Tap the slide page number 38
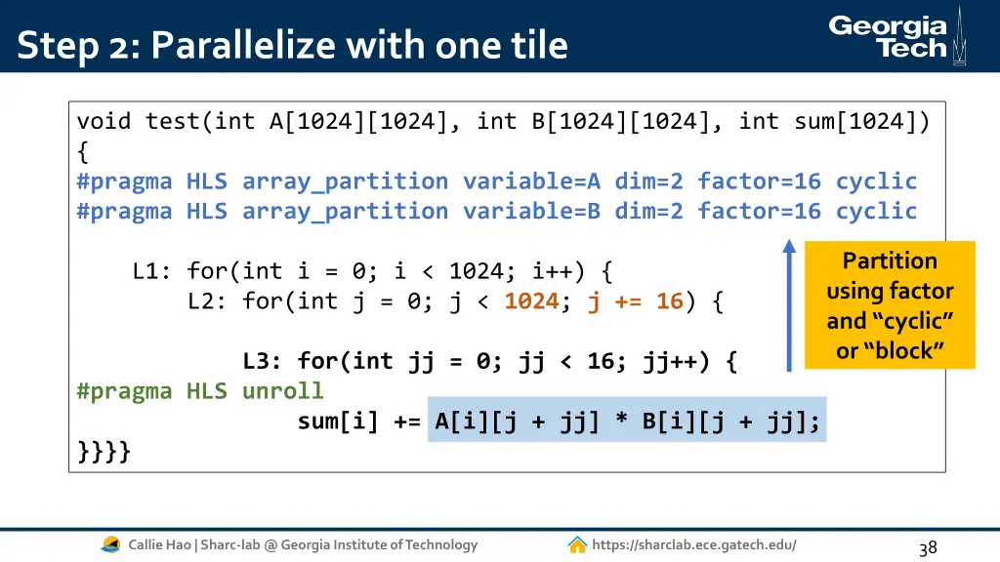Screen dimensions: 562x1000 928,547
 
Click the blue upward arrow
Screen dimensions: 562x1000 789,305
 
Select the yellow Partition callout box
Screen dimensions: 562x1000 890,305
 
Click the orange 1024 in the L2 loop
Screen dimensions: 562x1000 531,301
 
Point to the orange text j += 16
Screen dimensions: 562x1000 635,301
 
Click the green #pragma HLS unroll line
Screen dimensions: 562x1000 200,391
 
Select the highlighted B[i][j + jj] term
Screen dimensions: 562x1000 731,421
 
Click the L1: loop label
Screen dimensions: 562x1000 151,271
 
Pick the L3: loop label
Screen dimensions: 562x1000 263,362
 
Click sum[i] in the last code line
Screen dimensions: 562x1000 339,421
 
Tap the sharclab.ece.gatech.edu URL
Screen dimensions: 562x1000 693,544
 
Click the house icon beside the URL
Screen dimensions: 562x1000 577,544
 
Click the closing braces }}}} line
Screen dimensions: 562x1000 104,451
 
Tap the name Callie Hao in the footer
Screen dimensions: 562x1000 161,544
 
